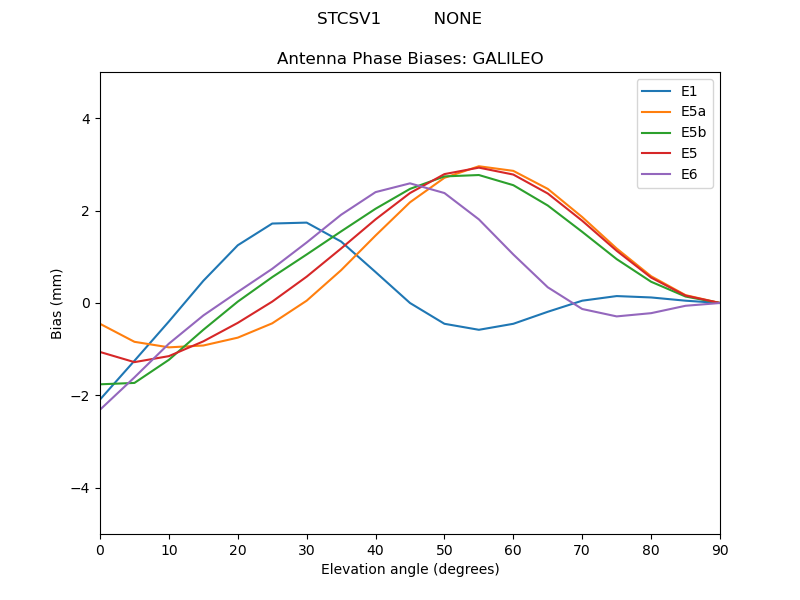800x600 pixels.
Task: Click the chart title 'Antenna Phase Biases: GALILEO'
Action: tap(410, 59)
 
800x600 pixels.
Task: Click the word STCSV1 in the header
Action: tap(348, 19)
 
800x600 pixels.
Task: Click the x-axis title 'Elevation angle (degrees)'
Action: tap(410, 570)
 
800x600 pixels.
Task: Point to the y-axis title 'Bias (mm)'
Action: tap(58, 303)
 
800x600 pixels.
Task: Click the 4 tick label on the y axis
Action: tap(85, 119)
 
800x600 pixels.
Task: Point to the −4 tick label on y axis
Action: tap(81, 488)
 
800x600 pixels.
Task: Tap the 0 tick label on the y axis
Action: tap(85, 303)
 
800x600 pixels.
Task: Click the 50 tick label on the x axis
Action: tap(444, 549)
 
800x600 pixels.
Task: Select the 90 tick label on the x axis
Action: tap(720, 549)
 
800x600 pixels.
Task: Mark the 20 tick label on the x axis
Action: tap(238, 549)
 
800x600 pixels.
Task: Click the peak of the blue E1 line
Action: tap(306, 222)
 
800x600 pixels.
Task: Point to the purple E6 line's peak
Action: tap(410, 183)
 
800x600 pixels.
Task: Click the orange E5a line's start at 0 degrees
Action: tap(101, 324)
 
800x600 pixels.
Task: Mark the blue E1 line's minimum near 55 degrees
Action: tap(479, 330)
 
